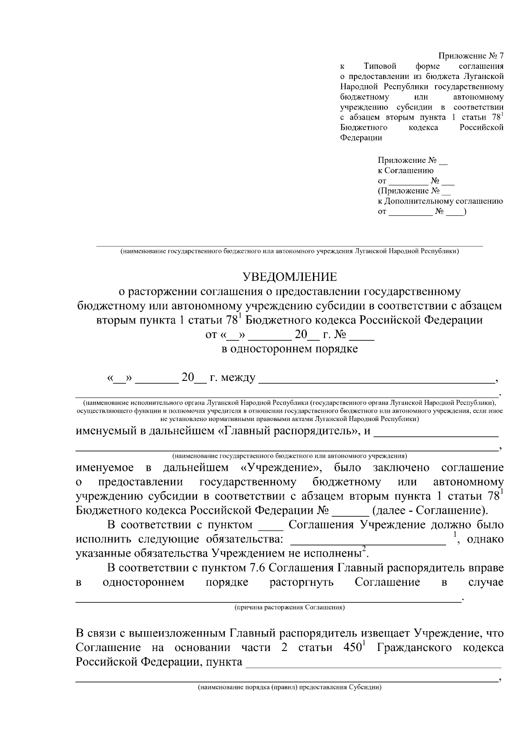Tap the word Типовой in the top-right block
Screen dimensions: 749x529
380,66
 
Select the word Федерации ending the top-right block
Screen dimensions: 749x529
361,137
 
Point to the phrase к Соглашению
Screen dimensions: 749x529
406,170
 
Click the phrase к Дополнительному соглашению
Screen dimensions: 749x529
440,201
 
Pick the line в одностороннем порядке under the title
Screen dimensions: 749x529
289,349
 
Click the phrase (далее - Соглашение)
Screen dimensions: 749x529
430,511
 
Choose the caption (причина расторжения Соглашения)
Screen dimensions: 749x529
289,607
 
